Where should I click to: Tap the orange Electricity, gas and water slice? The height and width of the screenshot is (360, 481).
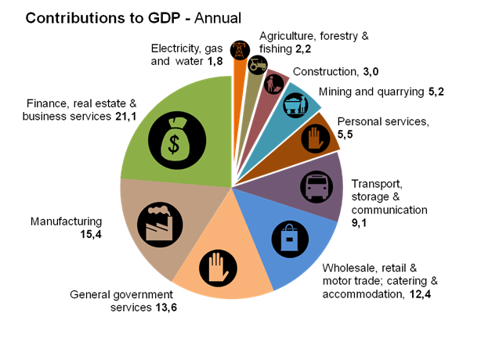pos(237,70)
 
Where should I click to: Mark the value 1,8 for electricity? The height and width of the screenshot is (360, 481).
pos(216,61)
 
